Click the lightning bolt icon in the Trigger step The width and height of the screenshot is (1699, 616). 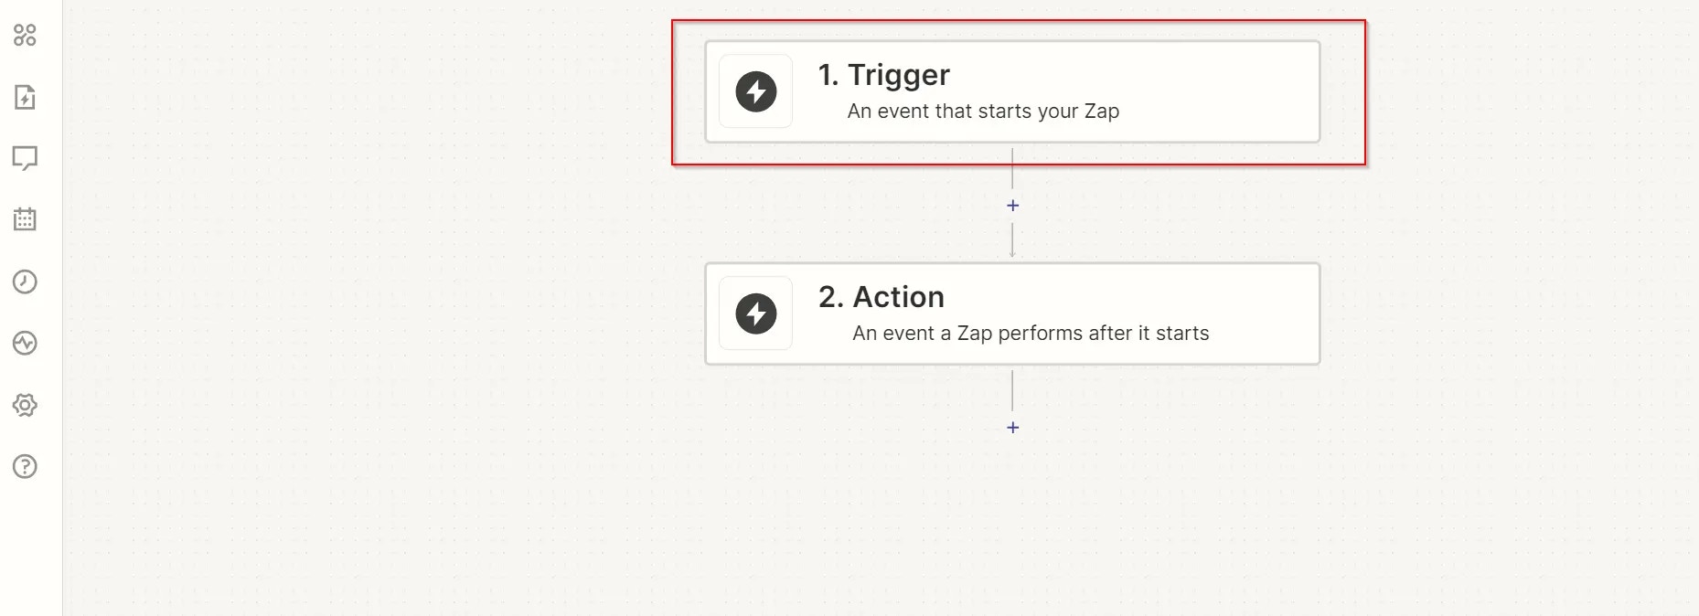756,91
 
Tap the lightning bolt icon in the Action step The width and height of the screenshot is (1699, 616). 756,313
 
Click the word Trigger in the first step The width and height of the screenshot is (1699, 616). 899,76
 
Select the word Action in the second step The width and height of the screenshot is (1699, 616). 899,297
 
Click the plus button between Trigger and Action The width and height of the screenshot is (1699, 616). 1012,206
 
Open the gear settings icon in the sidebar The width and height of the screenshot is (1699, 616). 25,405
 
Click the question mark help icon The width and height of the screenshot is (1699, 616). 25,467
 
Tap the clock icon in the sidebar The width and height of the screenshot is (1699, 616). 25,281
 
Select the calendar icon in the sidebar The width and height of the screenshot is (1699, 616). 25,219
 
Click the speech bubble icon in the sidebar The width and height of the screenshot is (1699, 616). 25,158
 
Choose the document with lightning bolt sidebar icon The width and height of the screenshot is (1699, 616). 25,97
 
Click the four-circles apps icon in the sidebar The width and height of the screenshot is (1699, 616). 25,36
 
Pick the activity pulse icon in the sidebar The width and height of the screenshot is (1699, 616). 25,344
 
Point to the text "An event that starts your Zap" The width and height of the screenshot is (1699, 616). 983,112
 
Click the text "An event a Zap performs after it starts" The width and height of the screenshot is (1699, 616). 1031,334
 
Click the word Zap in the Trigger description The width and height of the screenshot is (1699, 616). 1102,112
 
